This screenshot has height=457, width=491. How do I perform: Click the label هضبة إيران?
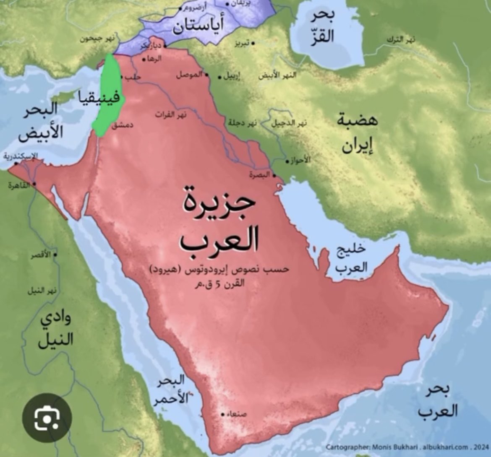coord(357,133)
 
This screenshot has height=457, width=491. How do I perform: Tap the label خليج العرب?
coord(351,258)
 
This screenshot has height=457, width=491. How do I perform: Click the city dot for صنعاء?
coord(223,414)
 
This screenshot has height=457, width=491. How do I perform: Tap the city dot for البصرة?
coord(274,176)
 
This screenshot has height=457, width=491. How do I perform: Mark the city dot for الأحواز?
coord(288,161)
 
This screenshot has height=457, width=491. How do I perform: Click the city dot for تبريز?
coord(253,43)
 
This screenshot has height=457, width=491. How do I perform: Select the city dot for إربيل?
coord(219,77)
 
